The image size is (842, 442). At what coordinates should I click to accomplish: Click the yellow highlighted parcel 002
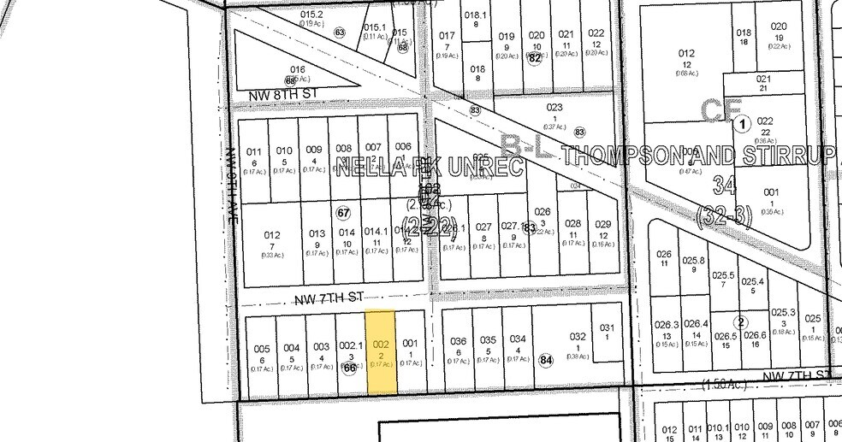coord(381,351)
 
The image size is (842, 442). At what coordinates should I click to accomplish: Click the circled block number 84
coord(547,360)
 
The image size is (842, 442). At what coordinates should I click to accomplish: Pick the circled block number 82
coord(536,58)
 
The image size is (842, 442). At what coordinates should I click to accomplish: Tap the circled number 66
coord(349,368)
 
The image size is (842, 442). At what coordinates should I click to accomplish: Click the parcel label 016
coord(297,70)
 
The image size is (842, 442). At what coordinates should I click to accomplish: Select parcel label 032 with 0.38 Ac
coord(578,337)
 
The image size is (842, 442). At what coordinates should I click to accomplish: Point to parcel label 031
coord(607,327)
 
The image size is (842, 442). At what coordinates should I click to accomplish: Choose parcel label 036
coord(459,340)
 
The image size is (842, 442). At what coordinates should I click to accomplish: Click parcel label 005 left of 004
coord(262,349)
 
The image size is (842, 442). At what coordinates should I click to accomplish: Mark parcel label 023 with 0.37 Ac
coord(554,108)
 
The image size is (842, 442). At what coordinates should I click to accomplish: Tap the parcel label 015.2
coord(311,15)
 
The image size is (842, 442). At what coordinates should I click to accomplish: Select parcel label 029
coord(602,224)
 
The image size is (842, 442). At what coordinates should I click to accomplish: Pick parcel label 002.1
coord(350,345)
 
